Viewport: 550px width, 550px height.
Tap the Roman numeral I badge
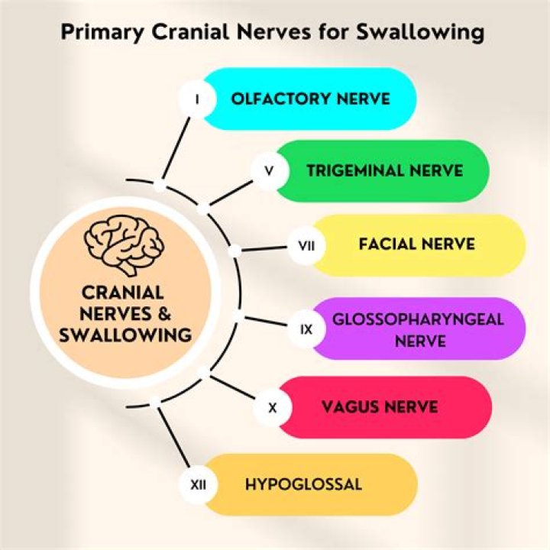198,99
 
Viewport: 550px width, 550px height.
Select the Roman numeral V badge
269,171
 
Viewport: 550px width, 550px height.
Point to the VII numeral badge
306,246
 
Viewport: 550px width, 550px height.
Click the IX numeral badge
306,330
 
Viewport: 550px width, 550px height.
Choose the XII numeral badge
198,484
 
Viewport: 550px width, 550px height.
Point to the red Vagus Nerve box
382,407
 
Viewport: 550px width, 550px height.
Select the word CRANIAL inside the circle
121,293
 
